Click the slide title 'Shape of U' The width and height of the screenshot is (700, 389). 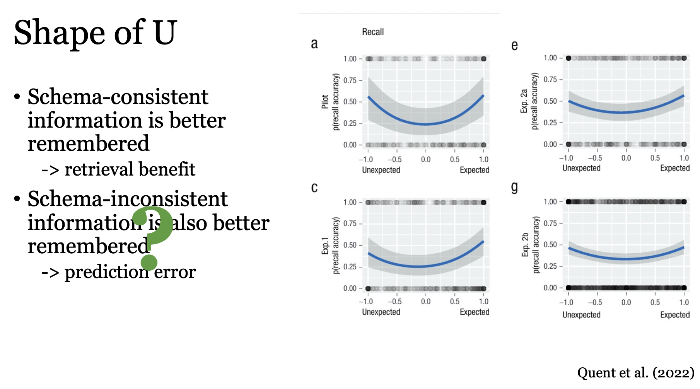95,32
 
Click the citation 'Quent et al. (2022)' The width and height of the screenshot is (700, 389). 635,373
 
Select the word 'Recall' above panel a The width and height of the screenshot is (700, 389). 373,32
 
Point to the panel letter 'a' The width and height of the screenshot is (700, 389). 314,43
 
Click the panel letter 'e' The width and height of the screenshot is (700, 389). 514,46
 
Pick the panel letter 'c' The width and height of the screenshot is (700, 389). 314,188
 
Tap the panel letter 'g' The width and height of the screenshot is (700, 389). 514,188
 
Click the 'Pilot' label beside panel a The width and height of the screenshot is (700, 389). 325,102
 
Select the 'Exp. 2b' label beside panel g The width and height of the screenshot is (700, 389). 525,245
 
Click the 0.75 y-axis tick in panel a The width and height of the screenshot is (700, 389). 350,80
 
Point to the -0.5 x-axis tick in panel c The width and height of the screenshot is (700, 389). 394,302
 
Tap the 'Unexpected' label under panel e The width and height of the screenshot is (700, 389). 581,168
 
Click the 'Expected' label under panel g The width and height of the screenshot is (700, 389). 675,315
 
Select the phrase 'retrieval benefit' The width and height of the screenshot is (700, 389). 130,169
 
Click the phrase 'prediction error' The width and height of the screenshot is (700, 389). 130,272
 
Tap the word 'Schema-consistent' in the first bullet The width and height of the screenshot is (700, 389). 118,97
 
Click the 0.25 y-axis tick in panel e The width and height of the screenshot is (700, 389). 550,123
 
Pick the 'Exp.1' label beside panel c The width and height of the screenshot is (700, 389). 325,246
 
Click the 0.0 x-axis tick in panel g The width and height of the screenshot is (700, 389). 626,302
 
